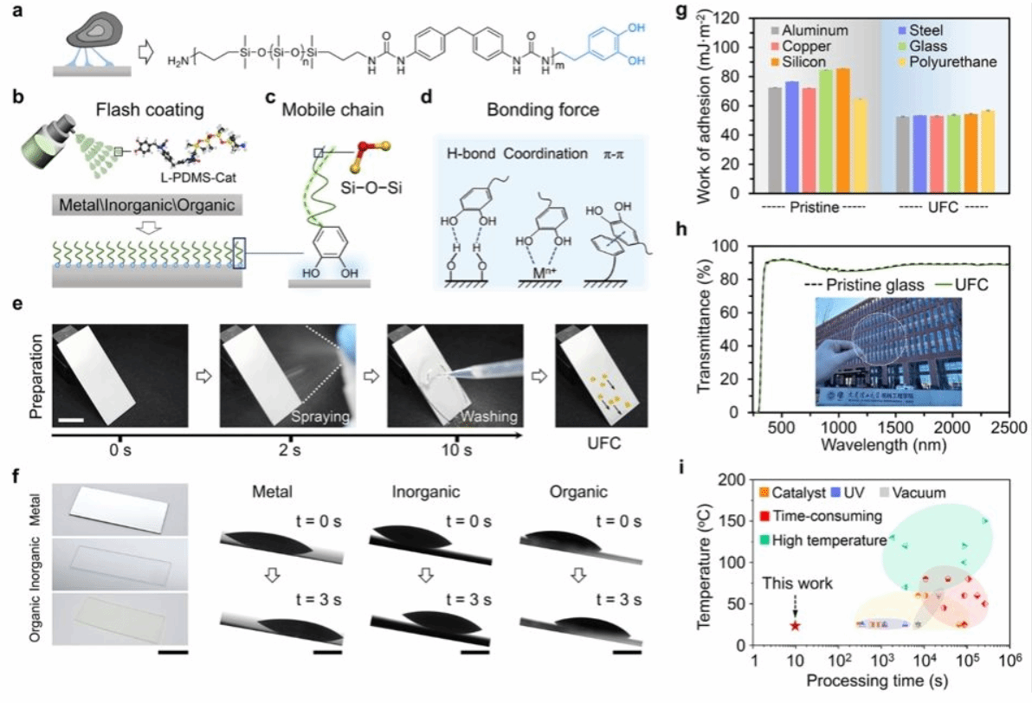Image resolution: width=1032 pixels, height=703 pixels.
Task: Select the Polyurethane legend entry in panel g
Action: coord(950,62)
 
